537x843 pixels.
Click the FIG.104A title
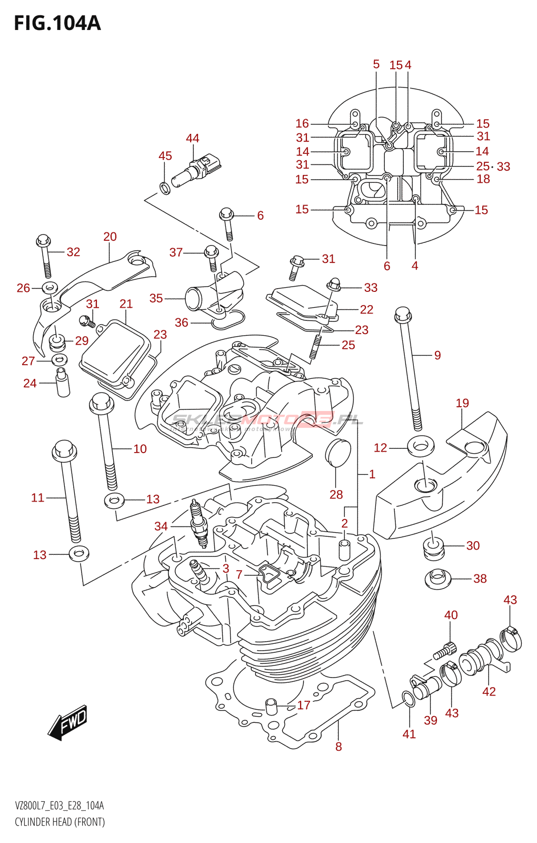(57, 23)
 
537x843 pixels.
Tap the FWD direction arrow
(68, 722)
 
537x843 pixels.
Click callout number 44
(192, 138)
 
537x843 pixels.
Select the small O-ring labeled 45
(164, 187)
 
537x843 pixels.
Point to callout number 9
(437, 355)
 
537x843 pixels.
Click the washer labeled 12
(420, 446)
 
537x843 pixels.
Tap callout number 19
(462, 403)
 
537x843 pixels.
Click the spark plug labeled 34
(199, 524)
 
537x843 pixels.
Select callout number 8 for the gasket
(339, 746)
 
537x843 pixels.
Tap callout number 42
(489, 691)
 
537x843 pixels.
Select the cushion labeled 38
(437, 579)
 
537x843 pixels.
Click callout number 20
(110, 237)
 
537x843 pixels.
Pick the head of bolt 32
(43, 241)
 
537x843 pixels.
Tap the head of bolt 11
(64, 450)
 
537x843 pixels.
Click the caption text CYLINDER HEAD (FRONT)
(59, 822)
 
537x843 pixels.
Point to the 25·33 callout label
(493, 166)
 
